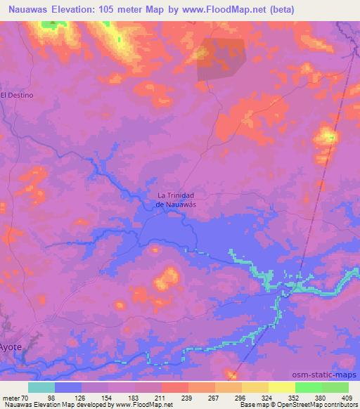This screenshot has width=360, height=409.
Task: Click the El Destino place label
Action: click(x=17, y=94)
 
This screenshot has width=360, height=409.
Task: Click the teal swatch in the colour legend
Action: click(x=41, y=387)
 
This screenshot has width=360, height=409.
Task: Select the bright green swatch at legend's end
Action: click(x=335, y=387)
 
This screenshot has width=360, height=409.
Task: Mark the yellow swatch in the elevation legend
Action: click(x=282, y=387)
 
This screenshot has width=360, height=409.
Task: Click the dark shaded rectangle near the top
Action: click(x=221, y=58)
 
